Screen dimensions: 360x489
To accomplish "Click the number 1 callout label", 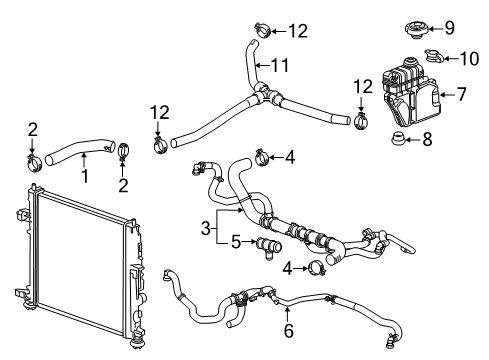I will click(x=84, y=177).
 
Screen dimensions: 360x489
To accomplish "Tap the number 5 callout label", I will click(x=236, y=240).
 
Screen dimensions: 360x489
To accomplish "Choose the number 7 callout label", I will click(x=461, y=96).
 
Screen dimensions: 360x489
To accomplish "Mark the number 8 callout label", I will click(x=428, y=140).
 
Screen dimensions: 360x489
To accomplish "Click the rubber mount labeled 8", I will click(x=397, y=139).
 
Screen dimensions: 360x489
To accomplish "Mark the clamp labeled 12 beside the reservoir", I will click(x=365, y=120).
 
